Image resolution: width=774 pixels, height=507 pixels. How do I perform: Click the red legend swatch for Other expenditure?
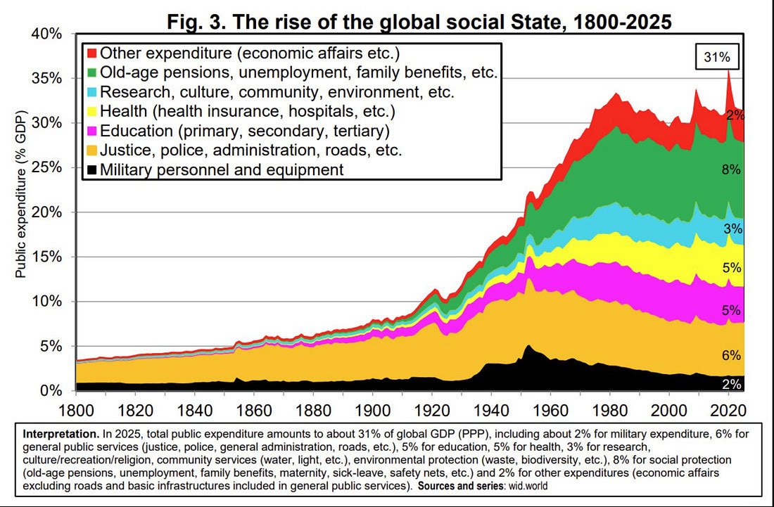(91, 53)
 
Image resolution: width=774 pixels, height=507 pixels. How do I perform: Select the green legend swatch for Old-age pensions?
(91, 72)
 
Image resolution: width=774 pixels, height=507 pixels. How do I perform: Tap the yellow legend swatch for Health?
(91, 111)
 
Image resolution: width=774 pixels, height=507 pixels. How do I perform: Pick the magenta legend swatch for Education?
(91, 131)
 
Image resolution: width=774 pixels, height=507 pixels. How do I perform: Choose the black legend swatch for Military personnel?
(91, 169)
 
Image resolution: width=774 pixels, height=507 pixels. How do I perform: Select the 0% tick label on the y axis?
(53, 390)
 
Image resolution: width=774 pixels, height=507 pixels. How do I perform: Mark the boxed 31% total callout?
(717, 58)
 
